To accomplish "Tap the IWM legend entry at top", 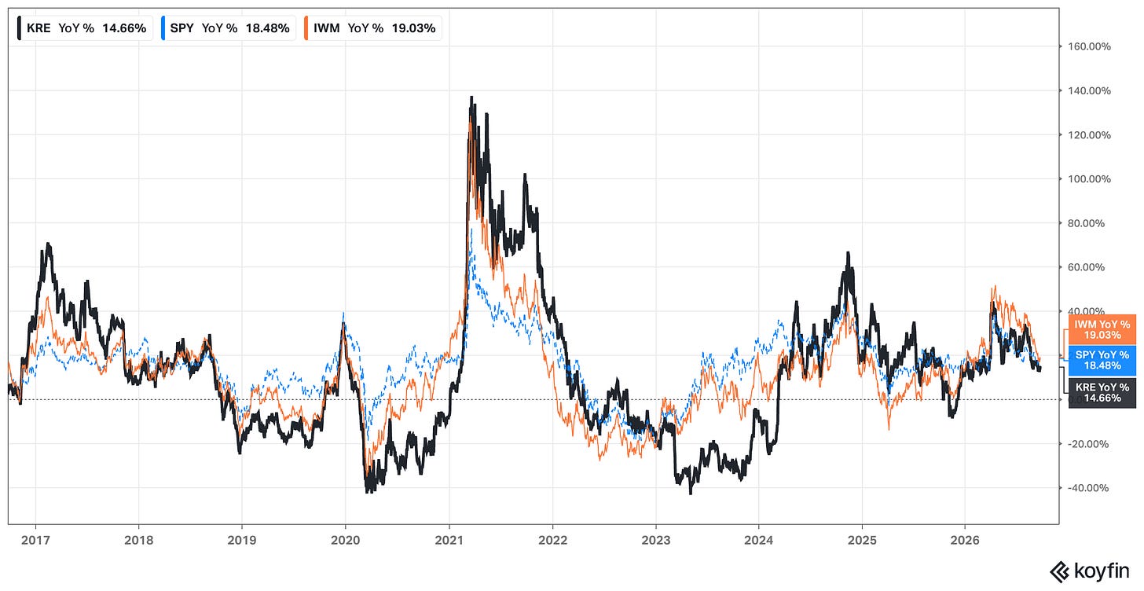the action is (x=372, y=28).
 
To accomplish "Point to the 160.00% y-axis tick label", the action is (x=1089, y=46).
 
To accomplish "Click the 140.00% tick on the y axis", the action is (x=1089, y=91).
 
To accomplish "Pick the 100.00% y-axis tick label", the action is (x=1089, y=179).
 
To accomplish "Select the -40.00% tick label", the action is (x=1087, y=488).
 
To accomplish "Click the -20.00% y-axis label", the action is (x=1087, y=444).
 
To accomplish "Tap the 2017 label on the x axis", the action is (x=35, y=541).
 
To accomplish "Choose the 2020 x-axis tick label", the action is (x=345, y=541).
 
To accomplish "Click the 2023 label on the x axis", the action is (x=656, y=541).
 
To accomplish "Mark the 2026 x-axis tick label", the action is (x=965, y=541).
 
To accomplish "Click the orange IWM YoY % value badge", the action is (x=1102, y=330).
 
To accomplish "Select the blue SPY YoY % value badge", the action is (x=1102, y=361).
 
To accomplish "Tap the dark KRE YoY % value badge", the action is (x=1102, y=393).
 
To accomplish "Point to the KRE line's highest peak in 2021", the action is (x=471, y=97).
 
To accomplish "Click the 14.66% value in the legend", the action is (x=124, y=28).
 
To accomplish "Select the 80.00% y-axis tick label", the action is (x=1087, y=223).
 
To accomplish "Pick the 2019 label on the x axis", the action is (x=241, y=541).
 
